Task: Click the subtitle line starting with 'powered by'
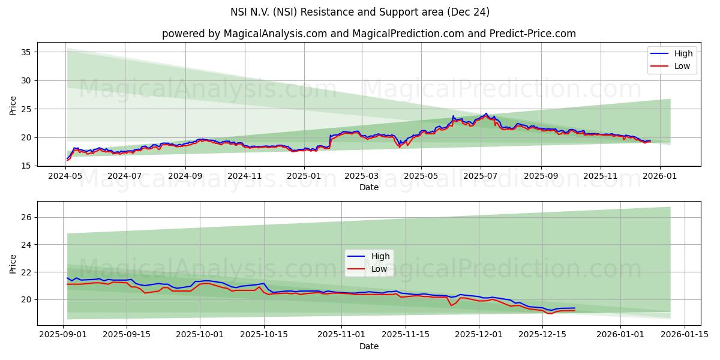(x=368, y=34)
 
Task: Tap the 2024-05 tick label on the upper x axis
(x=66, y=176)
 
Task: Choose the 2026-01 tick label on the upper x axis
(x=660, y=176)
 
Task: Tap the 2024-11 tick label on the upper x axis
(x=244, y=176)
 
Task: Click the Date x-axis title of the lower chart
(x=368, y=346)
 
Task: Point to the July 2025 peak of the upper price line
(x=486, y=113)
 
